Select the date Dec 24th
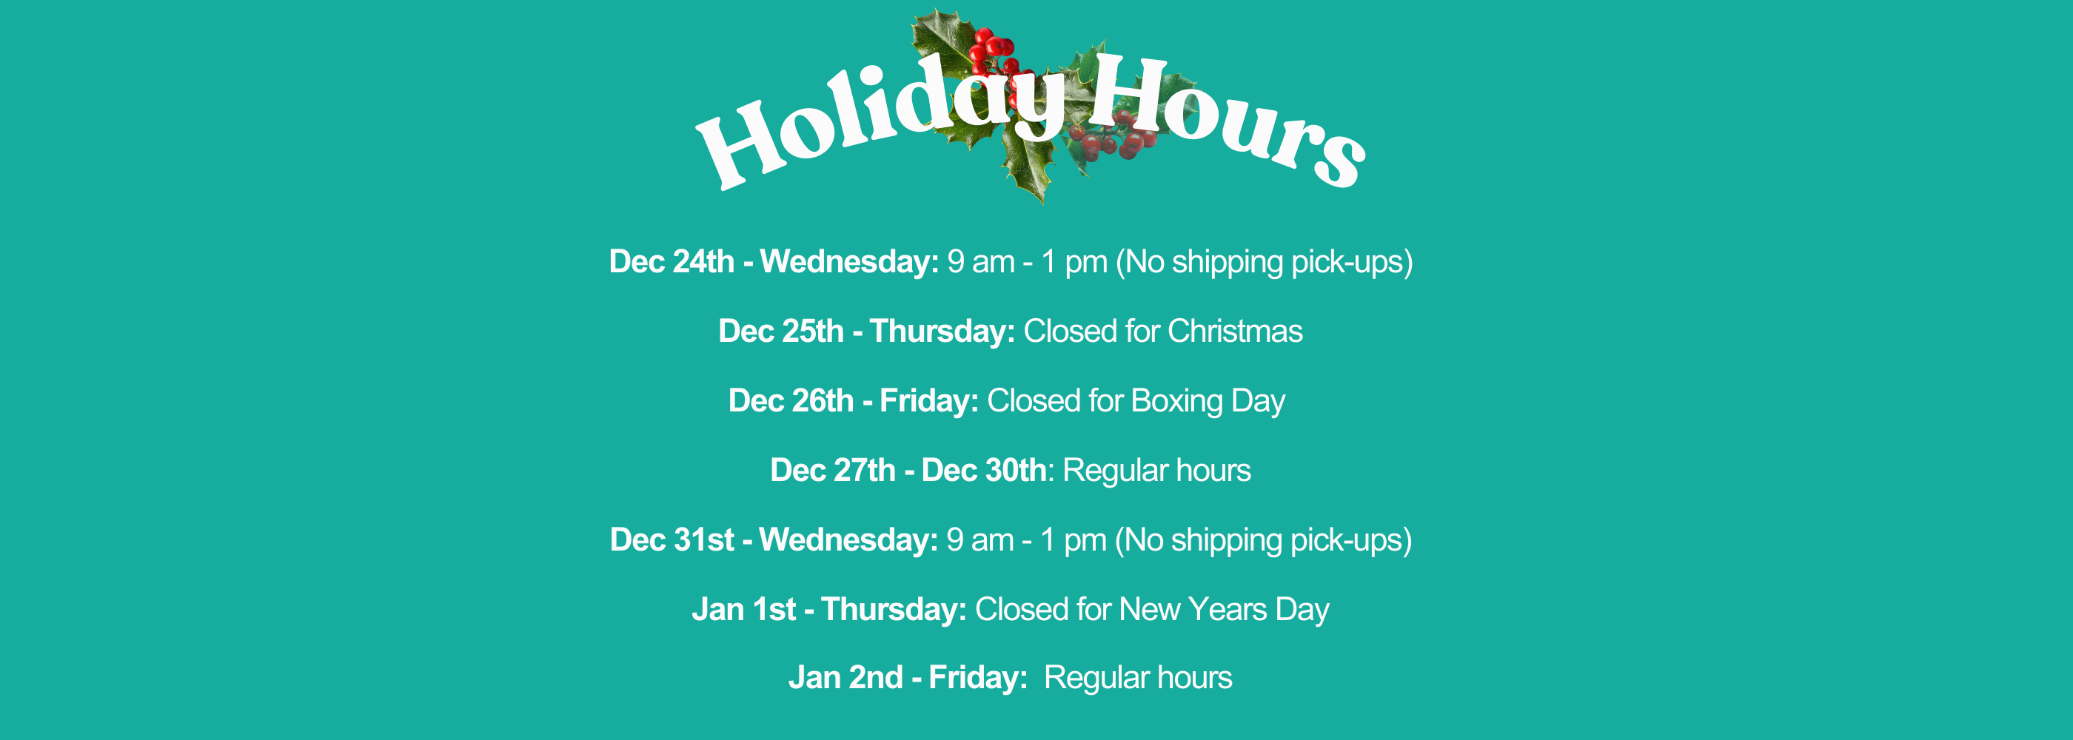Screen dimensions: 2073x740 tap(672, 262)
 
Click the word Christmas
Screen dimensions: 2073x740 tap(1235, 332)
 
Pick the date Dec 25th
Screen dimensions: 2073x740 tap(780, 332)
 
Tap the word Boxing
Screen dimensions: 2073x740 tap(1176, 401)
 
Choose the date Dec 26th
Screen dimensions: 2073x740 tap(791, 401)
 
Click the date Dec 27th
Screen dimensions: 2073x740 tap(833, 471)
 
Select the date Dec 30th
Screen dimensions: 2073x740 tap(984, 471)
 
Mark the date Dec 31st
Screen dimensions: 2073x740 tap(672, 540)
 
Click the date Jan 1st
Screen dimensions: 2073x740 tap(743, 610)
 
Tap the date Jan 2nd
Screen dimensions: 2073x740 tap(845, 678)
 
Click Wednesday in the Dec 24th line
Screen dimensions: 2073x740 tap(850, 262)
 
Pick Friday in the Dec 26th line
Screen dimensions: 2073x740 tap(928, 401)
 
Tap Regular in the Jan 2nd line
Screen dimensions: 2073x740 tap(1097, 678)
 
